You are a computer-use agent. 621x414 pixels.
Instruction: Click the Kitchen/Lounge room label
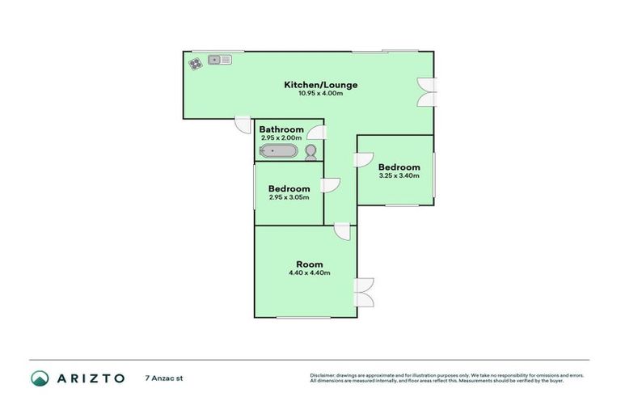(320, 85)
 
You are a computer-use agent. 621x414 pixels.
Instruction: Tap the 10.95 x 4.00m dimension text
(320, 94)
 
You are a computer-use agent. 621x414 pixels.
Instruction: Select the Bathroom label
(281, 129)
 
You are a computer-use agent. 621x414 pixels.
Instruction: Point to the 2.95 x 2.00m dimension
(281, 137)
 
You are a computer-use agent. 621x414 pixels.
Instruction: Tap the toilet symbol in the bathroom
(310, 152)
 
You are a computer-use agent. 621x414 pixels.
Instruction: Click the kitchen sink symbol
(219, 59)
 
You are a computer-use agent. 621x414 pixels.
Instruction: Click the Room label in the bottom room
(309, 264)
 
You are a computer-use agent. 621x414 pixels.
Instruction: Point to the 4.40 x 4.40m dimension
(309, 272)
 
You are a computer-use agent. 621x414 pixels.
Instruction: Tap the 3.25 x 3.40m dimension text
(399, 175)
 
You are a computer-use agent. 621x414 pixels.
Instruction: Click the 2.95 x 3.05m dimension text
(289, 197)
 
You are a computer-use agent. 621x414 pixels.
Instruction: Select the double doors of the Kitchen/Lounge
(427, 92)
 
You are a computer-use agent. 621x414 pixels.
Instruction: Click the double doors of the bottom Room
(365, 292)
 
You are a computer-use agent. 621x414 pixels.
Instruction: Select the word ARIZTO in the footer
(90, 378)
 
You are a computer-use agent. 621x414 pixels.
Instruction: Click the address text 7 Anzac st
(164, 378)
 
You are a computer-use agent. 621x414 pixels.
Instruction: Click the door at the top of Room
(343, 232)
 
